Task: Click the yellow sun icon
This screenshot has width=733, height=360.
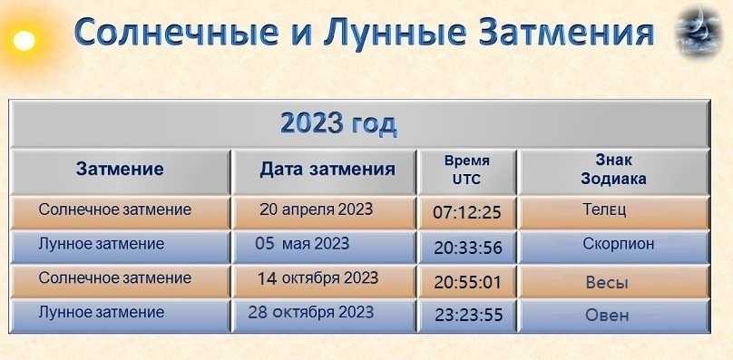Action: coord(24,41)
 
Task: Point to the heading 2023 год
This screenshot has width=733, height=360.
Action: coord(338,124)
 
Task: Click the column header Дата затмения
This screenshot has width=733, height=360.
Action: coord(327,170)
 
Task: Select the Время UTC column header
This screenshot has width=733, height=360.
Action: coord(466,170)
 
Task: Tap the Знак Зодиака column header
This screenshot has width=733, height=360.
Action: coord(613,170)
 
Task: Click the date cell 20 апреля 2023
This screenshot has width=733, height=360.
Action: coord(316,209)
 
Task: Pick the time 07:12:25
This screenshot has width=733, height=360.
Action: coord(467,213)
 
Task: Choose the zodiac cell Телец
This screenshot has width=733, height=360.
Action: coord(604,209)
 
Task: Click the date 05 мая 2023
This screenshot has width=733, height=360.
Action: coord(302,244)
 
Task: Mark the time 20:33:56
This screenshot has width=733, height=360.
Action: coord(468,248)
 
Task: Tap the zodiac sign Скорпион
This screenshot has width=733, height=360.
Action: coord(619,244)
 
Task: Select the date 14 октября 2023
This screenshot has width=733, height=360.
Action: coord(318,278)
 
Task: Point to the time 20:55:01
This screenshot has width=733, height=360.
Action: coord(467,282)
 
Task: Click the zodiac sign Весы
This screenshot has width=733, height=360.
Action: coord(607,282)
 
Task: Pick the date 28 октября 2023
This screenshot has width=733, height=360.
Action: coord(311,312)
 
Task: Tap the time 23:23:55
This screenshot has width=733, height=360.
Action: coord(469,315)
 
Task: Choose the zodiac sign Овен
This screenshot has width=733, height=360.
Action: coord(607,316)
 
